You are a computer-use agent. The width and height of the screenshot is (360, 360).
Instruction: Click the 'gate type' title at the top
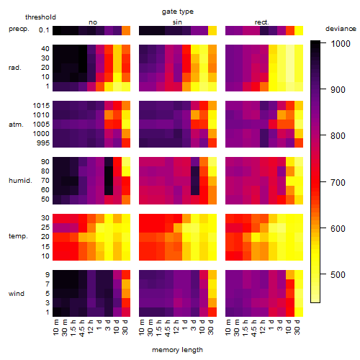click(x=178, y=12)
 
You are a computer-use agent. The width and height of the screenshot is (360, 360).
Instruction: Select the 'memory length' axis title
click(x=178, y=350)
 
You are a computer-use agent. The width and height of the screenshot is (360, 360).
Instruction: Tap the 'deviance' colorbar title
click(x=341, y=29)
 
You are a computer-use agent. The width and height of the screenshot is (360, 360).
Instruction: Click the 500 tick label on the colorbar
click(x=338, y=274)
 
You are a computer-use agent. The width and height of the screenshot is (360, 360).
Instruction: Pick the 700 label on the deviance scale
click(x=338, y=182)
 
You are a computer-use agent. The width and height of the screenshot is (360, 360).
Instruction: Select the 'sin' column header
click(x=177, y=22)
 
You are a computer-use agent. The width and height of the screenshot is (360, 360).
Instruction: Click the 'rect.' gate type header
click(x=262, y=22)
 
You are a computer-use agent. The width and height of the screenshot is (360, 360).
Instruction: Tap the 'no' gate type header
click(x=93, y=22)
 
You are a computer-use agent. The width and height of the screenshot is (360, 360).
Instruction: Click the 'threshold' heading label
click(x=40, y=17)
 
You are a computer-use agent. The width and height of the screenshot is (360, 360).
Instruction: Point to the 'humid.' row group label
click(x=20, y=181)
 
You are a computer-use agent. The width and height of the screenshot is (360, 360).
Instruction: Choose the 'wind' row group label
click(x=17, y=294)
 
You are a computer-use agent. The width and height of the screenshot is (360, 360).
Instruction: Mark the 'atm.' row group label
click(x=16, y=125)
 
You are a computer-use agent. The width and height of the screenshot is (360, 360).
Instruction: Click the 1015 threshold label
click(x=41, y=106)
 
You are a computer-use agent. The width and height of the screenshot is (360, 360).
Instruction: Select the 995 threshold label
click(x=43, y=143)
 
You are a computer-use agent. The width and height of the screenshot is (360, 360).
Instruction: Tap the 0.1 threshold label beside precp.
click(x=44, y=30)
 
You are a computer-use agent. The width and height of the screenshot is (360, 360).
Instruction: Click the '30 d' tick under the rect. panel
click(x=297, y=327)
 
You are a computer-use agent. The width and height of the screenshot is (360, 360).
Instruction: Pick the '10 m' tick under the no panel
click(x=55, y=328)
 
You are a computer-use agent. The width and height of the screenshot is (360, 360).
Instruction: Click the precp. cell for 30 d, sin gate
click(x=212, y=30)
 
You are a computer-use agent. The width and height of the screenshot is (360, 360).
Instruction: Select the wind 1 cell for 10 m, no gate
click(x=57, y=312)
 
